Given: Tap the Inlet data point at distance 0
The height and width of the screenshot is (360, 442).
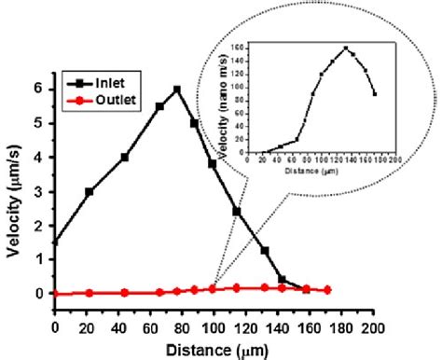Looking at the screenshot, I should (55, 242).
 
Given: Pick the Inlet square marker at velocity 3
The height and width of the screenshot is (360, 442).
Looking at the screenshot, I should (90, 191).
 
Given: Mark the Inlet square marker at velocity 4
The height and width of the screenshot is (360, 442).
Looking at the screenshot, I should (125, 157).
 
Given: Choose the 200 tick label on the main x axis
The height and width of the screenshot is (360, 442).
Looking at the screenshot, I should (374, 326).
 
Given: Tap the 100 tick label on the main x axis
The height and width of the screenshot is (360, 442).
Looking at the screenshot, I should (214, 326).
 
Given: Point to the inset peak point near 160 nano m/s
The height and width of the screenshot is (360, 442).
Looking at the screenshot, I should (346, 48).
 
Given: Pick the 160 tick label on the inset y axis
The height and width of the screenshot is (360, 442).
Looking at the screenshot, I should (240, 47).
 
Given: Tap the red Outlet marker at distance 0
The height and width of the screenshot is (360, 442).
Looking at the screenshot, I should (55, 293).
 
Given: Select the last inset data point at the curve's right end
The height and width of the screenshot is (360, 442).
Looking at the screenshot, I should (374, 93).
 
